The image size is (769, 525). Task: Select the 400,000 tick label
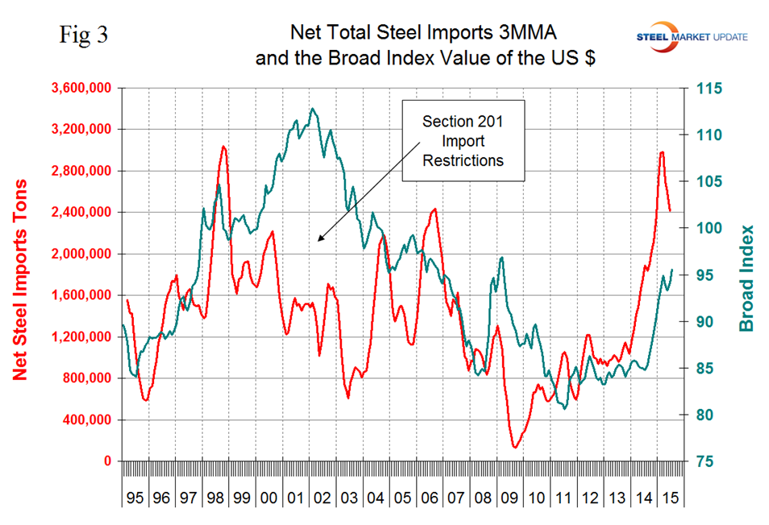tap(89, 420)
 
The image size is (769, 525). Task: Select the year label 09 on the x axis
tap(511, 498)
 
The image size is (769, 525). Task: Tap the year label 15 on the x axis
tap(667, 498)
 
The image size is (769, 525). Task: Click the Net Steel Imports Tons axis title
tap(21, 275)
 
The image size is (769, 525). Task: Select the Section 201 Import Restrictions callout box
tap(462, 140)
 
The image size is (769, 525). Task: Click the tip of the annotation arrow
tap(318, 241)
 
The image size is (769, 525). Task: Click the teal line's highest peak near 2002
tap(313, 109)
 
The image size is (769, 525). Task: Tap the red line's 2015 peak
tap(662, 152)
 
